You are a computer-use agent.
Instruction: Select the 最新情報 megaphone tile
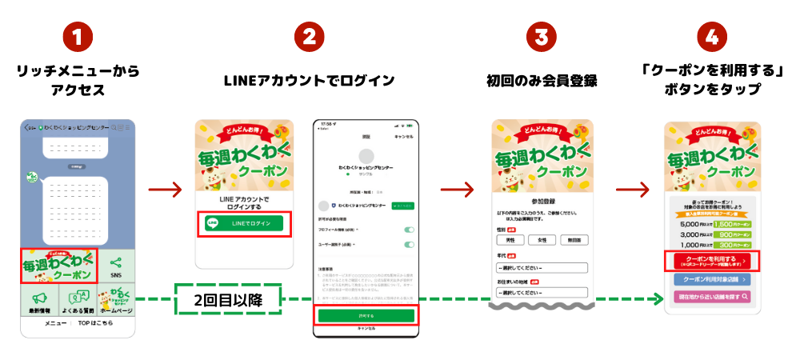(39, 302)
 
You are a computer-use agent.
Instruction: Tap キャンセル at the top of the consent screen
(403, 137)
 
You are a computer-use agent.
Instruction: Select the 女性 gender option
(542, 239)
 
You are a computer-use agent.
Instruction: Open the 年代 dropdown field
(542, 267)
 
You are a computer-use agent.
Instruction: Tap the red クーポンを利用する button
(710, 261)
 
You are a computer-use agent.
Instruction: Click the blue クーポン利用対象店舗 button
(710, 279)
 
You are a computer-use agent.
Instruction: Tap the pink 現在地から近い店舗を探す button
(710, 297)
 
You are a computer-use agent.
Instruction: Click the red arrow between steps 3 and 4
(632, 190)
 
